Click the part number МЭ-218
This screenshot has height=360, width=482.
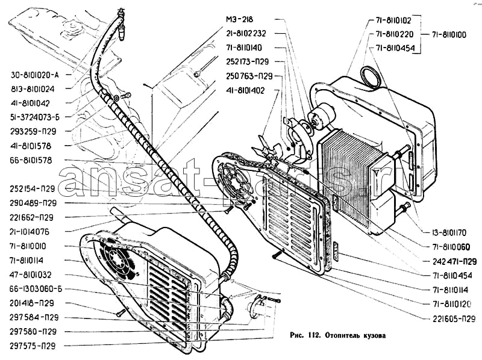(x=239, y=19)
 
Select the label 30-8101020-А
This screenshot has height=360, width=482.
(x=34, y=75)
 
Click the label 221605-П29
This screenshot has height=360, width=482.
(x=454, y=319)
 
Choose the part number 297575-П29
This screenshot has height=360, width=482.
(x=33, y=346)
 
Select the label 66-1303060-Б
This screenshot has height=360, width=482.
(x=36, y=289)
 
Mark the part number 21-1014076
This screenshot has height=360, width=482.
(x=29, y=232)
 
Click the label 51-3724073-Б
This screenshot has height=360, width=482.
(x=35, y=117)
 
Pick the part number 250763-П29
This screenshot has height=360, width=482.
(x=249, y=76)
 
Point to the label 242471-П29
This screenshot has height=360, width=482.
(x=455, y=261)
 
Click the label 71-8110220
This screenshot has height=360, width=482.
(x=395, y=34)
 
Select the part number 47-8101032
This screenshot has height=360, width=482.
(x=31, y=275)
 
